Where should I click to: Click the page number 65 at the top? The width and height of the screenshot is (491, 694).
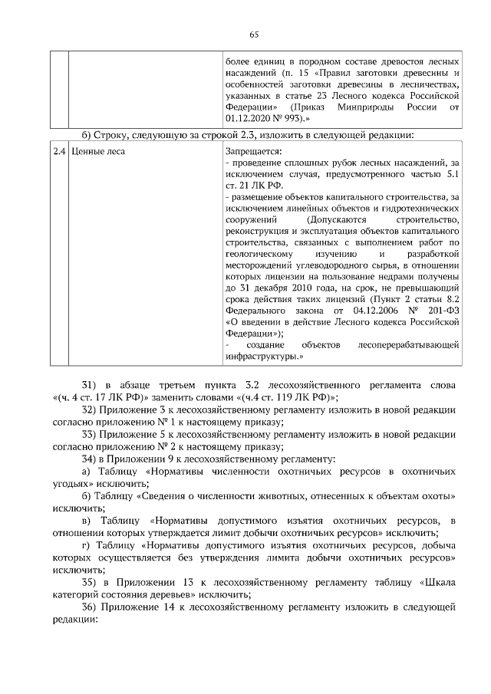[x=255, y=33]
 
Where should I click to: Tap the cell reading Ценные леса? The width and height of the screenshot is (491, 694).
[x=97, y=152]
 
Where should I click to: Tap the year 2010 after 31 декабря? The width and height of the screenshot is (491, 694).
[x=302, y=288]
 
